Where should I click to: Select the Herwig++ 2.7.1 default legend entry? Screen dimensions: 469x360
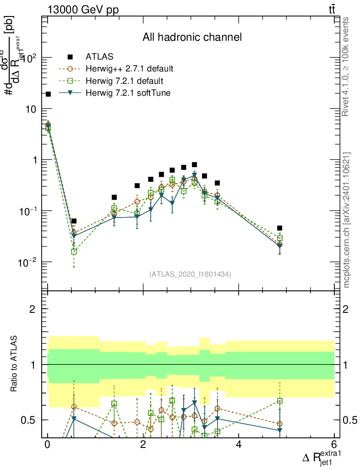[129, 69]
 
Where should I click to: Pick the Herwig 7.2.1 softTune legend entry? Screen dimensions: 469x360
[128, 93]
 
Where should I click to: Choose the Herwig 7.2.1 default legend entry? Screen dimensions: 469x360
[124, 81]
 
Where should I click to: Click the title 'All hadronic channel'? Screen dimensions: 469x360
[192, 37]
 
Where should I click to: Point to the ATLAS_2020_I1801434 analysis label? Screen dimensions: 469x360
[190, 274]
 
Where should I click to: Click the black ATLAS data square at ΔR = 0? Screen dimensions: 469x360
[48, 94]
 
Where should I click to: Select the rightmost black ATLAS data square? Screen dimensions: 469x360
[279, 228]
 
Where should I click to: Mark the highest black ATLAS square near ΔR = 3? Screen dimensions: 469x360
[194, 164]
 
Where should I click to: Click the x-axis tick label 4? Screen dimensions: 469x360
[239, 445]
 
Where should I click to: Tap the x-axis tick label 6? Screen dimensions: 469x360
[334, 445]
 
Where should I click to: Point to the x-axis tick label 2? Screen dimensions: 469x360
[143, 445]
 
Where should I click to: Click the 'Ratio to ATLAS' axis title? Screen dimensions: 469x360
[15, 365]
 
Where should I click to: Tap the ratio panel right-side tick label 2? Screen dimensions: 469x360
[346, 309]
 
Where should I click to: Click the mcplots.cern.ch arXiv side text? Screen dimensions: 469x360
[347, 220]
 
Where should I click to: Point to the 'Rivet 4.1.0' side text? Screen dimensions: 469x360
[347, 66]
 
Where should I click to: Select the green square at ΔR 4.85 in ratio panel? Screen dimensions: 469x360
[279, 401]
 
